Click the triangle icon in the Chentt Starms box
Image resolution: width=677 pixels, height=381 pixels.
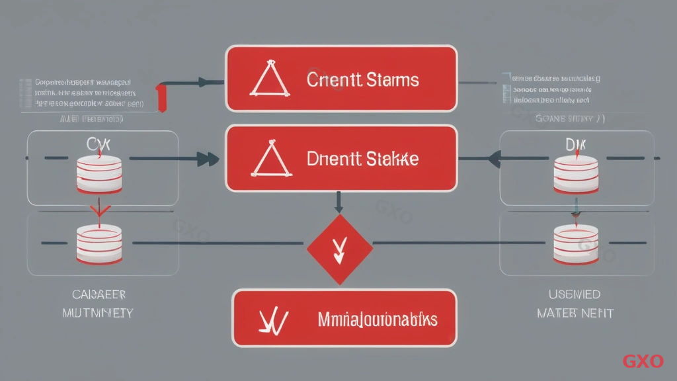pyautogui.click(x=268, y=81)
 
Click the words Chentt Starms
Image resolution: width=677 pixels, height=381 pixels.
pyautogui.click(x=362, y=81)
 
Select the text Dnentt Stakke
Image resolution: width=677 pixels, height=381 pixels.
pyautogui.click(x=362, y=160)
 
